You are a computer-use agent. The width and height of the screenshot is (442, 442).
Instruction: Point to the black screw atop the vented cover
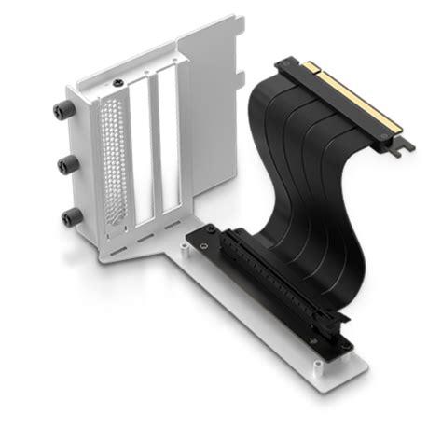coord(118,83)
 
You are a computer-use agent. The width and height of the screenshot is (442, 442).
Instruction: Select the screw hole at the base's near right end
coord(346,346)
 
